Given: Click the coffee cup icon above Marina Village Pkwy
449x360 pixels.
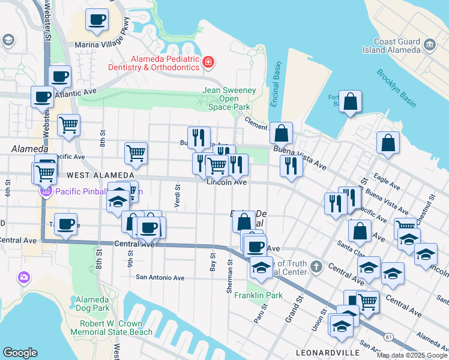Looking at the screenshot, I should point(97,19).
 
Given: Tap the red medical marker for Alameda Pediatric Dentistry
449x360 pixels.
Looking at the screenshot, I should point(208,61).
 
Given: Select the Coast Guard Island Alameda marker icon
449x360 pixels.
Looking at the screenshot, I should point(430,44).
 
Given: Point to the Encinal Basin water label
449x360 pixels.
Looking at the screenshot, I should point(275,84).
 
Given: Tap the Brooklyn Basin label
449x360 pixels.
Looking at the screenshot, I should point(396,88).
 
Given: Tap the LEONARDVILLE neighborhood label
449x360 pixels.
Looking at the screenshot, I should point(328,352).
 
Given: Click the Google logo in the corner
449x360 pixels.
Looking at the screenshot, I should point(20,353).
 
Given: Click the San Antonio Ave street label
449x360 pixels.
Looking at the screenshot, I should point(160,277).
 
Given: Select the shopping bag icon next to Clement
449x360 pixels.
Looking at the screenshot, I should point(280,133).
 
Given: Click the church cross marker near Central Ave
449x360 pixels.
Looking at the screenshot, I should point(318,265).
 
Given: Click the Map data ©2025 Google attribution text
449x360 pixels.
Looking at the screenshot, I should point(412,355).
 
